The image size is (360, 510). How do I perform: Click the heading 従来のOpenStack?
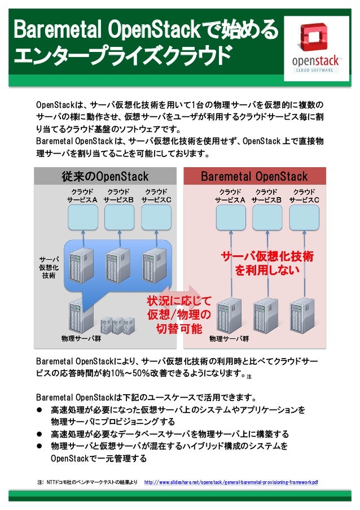point(105,177)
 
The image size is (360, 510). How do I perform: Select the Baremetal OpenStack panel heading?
point(254,177)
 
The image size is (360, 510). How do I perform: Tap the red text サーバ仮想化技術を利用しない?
point(267,264)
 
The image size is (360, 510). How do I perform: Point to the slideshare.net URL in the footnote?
point(231,483)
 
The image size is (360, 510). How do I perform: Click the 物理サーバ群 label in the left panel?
point(81,339)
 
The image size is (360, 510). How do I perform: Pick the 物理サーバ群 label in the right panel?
point(229,339)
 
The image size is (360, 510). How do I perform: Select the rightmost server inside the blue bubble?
point(154,263)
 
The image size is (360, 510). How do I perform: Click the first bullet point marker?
point(40,409)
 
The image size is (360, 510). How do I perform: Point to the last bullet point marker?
point(40,447)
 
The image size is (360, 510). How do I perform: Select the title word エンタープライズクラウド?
point(122,56)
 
